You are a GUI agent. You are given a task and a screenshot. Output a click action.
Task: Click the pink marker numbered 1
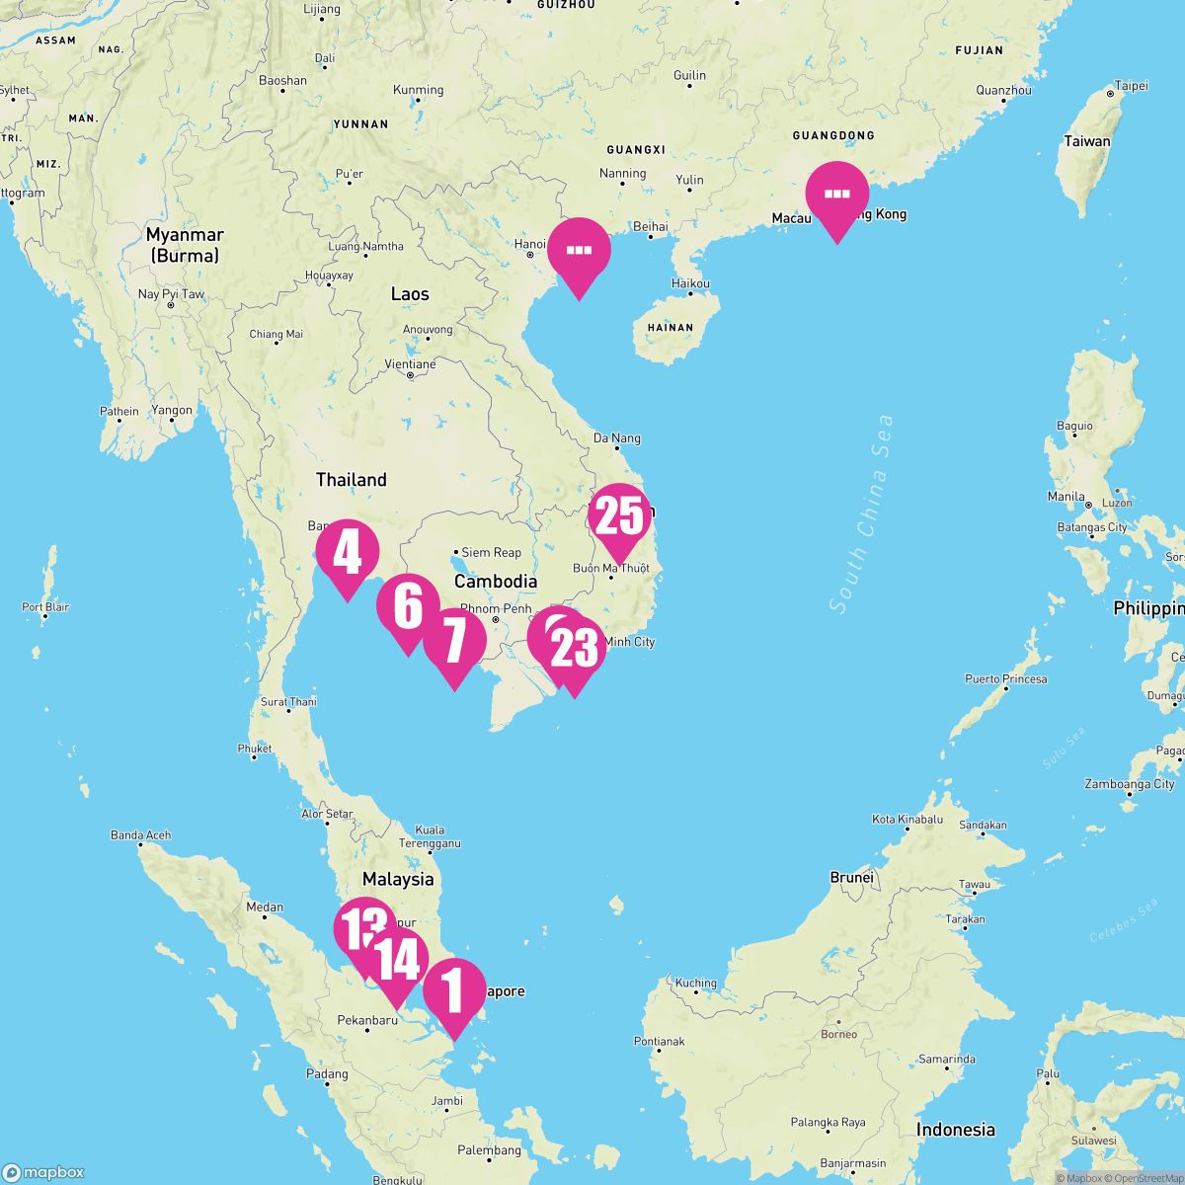tap(454, 990)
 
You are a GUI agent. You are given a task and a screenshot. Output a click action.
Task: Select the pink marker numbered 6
tap(408, 606)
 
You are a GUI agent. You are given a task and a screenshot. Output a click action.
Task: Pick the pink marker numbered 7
tap(454, 641)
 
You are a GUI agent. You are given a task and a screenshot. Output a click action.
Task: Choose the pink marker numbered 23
tap(575, 649)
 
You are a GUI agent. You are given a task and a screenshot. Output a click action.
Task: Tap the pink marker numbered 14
tap(397, 960)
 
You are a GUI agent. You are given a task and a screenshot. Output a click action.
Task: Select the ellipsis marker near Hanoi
tap(579, 250)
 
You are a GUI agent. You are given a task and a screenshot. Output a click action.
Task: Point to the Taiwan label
tap(1086, 141)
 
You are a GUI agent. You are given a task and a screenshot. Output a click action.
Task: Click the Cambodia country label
tap(496, 582)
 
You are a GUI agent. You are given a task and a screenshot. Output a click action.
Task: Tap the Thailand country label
tap(351, 480)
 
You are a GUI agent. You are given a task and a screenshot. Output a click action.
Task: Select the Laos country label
tap(410, 293)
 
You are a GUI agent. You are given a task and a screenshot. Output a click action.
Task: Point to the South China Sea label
tap(861, 513)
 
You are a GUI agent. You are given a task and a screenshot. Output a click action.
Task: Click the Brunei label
tap(851, 877)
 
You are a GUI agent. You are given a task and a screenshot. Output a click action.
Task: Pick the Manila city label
tap(1066, 497)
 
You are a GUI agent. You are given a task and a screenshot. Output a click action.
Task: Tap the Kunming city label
tap(418, 90)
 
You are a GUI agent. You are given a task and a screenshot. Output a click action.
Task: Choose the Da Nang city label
tap(616, 438)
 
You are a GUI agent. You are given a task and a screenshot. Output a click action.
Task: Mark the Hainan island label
tap(670, 327)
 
